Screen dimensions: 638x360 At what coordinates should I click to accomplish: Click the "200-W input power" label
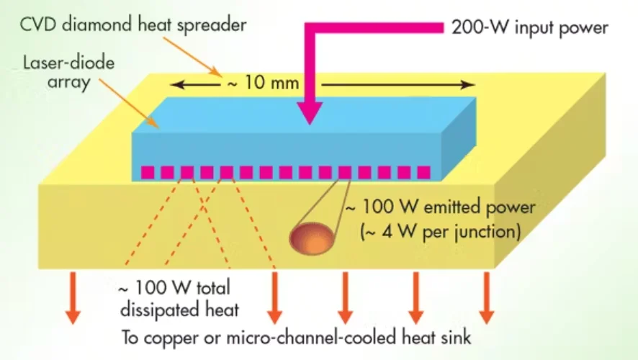pos(530,28)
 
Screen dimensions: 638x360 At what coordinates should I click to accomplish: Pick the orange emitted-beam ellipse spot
pos(312,238)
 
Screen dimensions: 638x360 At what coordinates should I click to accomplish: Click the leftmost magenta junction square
pos(148,173)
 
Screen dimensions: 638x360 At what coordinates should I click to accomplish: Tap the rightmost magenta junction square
pos(423,173)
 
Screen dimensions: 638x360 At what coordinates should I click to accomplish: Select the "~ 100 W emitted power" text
pos(440,208)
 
